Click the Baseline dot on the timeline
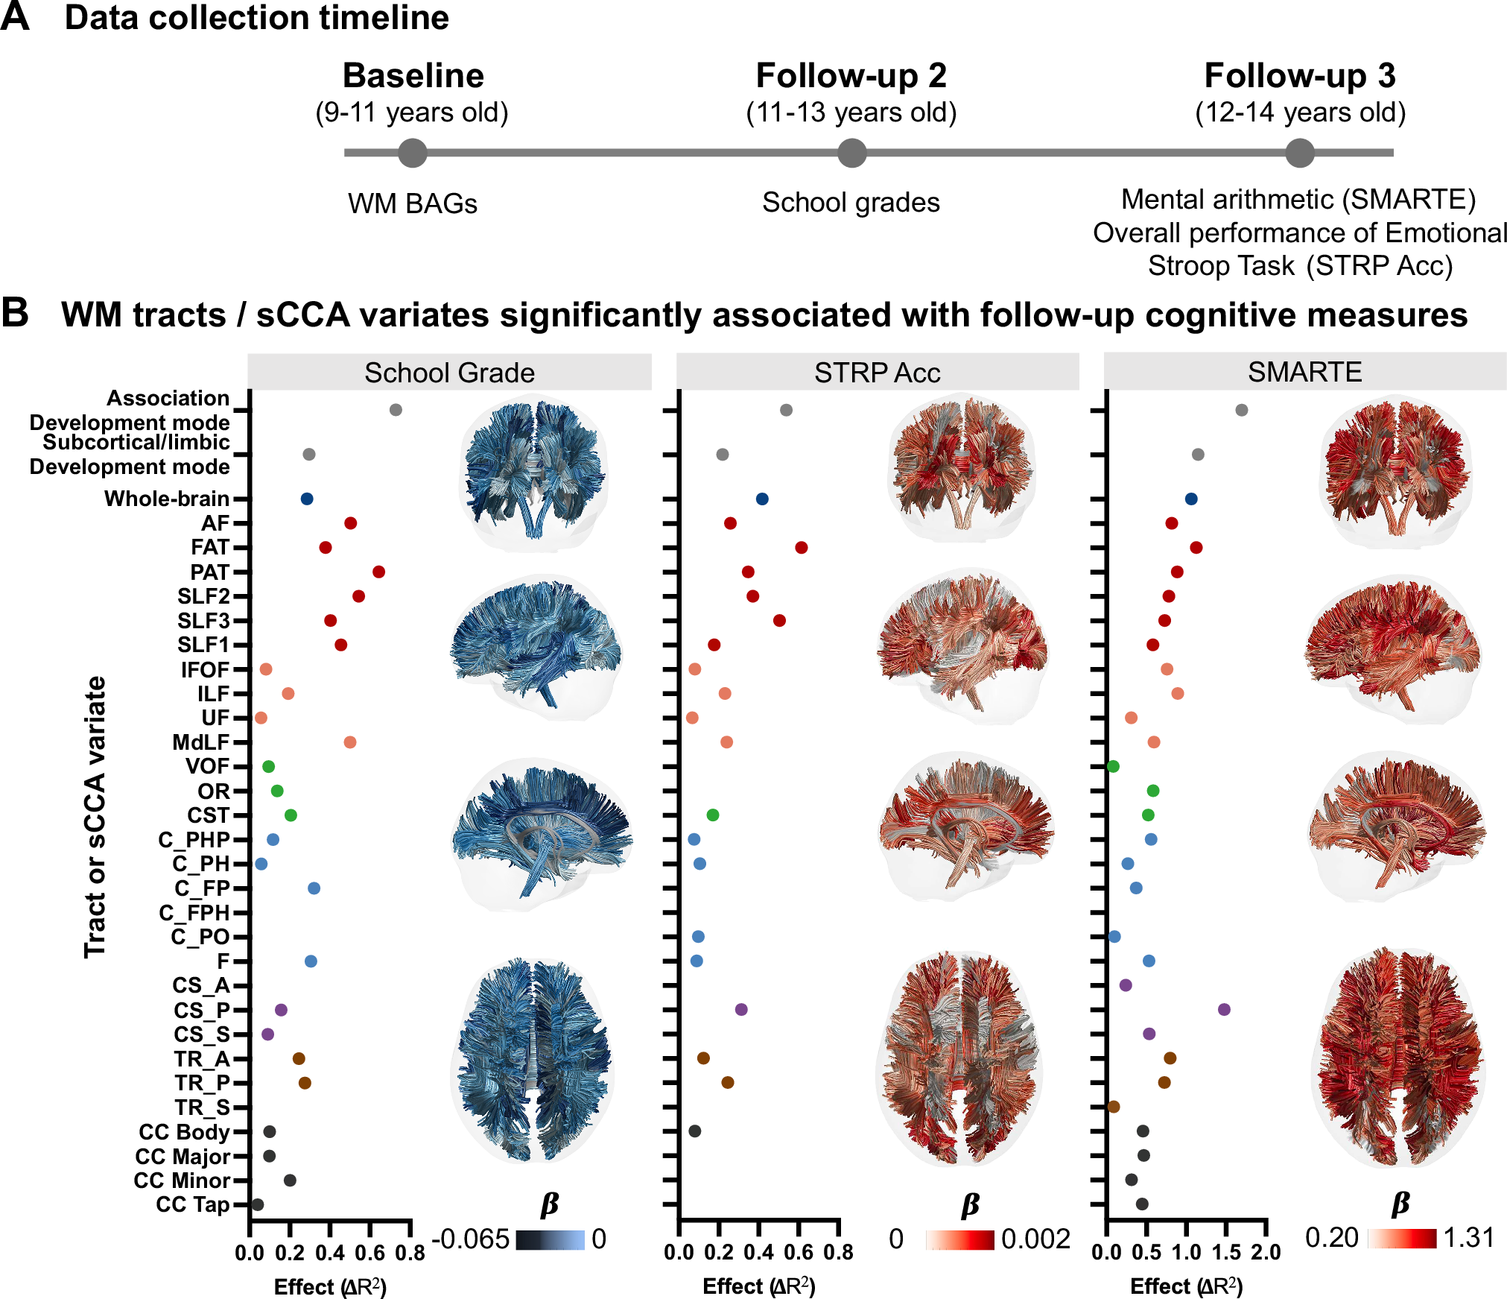pyautogui.click(x=412, y=153)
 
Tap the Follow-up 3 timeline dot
pyautogui.click(x=1299, y=153)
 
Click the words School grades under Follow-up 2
pyautogui.click(x=851, y=203)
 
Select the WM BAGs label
pyautogui.click(x=412, y=203)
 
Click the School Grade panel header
pyautogui.click(x=449, y=372)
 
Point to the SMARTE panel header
pyautogui.click(x=1304, y=371)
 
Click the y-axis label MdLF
pyautogui.click(x=200, y=742)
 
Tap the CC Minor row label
pyautogui.click(x=182, y=1181)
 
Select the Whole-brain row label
pyautogui.click(x=167, y=499)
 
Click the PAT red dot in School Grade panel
pyautogui.click(x=378, y=572)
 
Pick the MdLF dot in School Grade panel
pyautogui.click(x=350, y=742)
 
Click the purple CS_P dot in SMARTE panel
pyautogui.click(x=1224, y=1009)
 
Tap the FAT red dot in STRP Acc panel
pyautogui.click(x=801, y=548)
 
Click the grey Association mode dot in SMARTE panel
pyautogui.click(x=1241, y=410)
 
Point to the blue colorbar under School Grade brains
pyautogui.click(x=550, y=1239)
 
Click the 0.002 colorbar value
pyautogui.click(x=1035, y=1239)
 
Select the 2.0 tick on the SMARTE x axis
pyautogui.click(x=1266, y=1252)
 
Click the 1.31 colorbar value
pyautogui.click(x=1468, y=1238)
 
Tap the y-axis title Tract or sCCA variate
pyautogui.click(x=95, y=817)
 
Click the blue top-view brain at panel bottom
pyautogui.click(x=533, y=1058)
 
